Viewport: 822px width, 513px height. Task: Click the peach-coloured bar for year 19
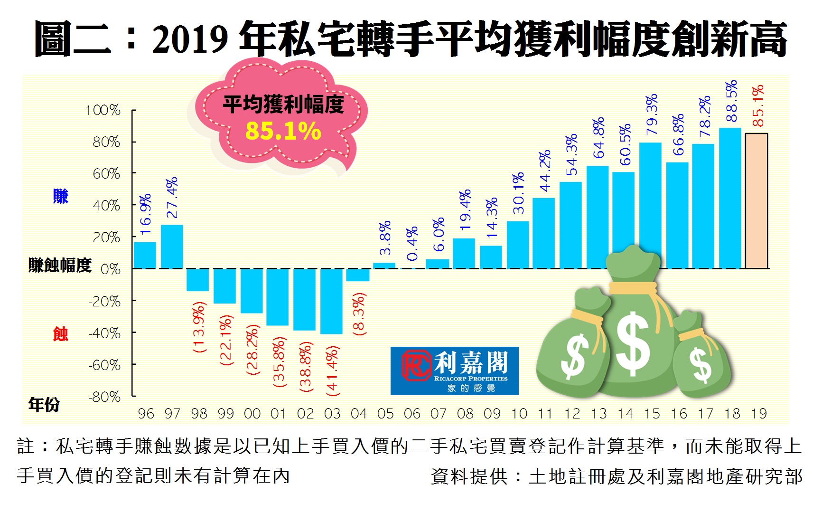coord(757,201)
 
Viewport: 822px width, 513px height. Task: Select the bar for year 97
coord(172,247)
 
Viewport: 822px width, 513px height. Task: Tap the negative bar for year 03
coord(331,301)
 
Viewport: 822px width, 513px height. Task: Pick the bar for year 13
coord(598,217)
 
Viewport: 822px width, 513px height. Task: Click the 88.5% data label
coord(731,101)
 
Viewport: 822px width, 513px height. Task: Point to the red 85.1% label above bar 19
coord(758,105)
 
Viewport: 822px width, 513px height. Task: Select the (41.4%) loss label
coord(332,371)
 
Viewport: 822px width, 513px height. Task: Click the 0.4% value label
coord(412,244)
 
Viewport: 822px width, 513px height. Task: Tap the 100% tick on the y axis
coord(103,110)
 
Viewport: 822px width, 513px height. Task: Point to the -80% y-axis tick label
coord(104,397)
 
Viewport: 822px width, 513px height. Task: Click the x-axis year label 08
coord(465,414)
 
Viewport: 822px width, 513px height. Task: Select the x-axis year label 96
coord(146,414)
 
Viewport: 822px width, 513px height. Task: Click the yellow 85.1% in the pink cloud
coord(283,132)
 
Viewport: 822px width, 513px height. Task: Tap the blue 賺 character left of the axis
coord(61,196)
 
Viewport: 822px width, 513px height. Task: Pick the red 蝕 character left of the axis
coord(61,334)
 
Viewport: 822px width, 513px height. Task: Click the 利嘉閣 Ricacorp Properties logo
coord(454,371)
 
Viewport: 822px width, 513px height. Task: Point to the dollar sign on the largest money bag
coord(633,343)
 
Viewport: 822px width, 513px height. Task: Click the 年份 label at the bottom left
coord(44,405)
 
